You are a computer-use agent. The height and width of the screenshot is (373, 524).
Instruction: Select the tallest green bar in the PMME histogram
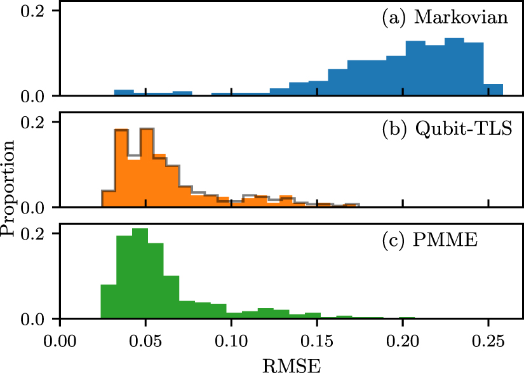140,273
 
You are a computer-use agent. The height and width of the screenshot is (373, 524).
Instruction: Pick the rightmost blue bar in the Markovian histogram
494,90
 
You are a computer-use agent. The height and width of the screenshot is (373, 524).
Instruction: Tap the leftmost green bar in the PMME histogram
109,302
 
